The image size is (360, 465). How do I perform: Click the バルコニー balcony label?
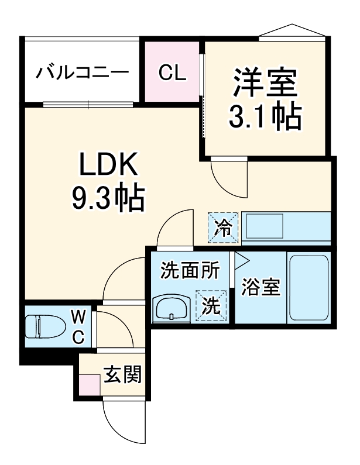(x=83, y=73)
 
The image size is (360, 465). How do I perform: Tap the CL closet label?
(x=172, y=73)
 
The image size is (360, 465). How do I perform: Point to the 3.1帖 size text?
(x=264, y=116)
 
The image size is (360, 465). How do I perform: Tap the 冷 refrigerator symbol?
(x=223, y=227)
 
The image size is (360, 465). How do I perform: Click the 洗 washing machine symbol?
(x=210, y=305)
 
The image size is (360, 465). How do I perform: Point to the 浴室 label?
(x=260, y=288)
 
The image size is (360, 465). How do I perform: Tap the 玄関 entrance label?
(x=124, y=375)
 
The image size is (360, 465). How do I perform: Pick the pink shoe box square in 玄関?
(x=90, y=385)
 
